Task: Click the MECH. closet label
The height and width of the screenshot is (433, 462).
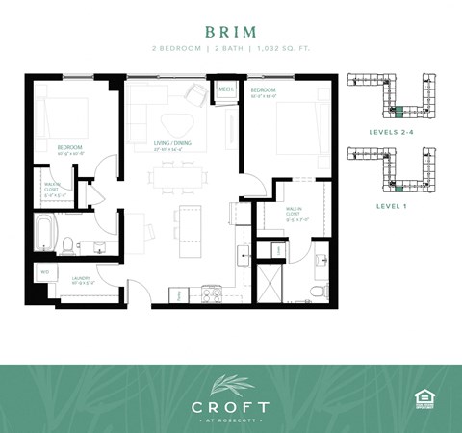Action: (x=226, y=91)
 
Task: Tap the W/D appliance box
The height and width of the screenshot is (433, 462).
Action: (x=43, y=270)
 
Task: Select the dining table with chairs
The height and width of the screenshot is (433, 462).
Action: (x=179, y=177)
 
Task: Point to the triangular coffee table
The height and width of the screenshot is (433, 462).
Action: (x=175, y=124)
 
